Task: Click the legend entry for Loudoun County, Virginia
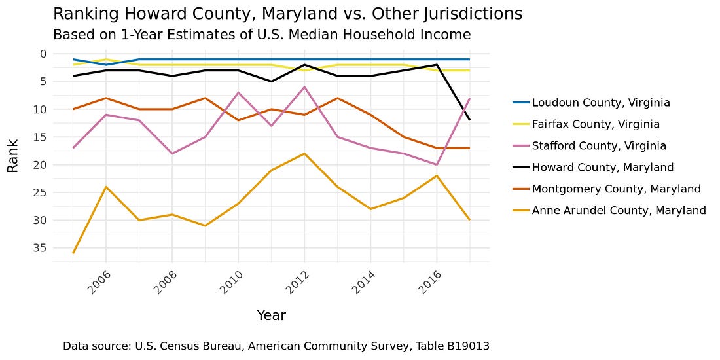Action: [601, 103]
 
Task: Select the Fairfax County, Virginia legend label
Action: [596, 124]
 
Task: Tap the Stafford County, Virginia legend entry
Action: [599, 146]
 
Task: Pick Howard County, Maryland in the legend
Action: [602, 168]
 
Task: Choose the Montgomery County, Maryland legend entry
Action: [616, 189]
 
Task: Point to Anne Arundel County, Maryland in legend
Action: [619, 211]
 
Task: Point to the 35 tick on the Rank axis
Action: [41, 247]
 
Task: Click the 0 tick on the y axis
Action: [43, 54]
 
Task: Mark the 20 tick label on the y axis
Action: [41, 164]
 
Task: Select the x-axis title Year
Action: [271, 315]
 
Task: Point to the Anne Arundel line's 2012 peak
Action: [304, 153]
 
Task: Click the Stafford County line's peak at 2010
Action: [238, 92]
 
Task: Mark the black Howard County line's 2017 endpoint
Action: [469, 120]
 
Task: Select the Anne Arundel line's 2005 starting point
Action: [73, 253]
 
